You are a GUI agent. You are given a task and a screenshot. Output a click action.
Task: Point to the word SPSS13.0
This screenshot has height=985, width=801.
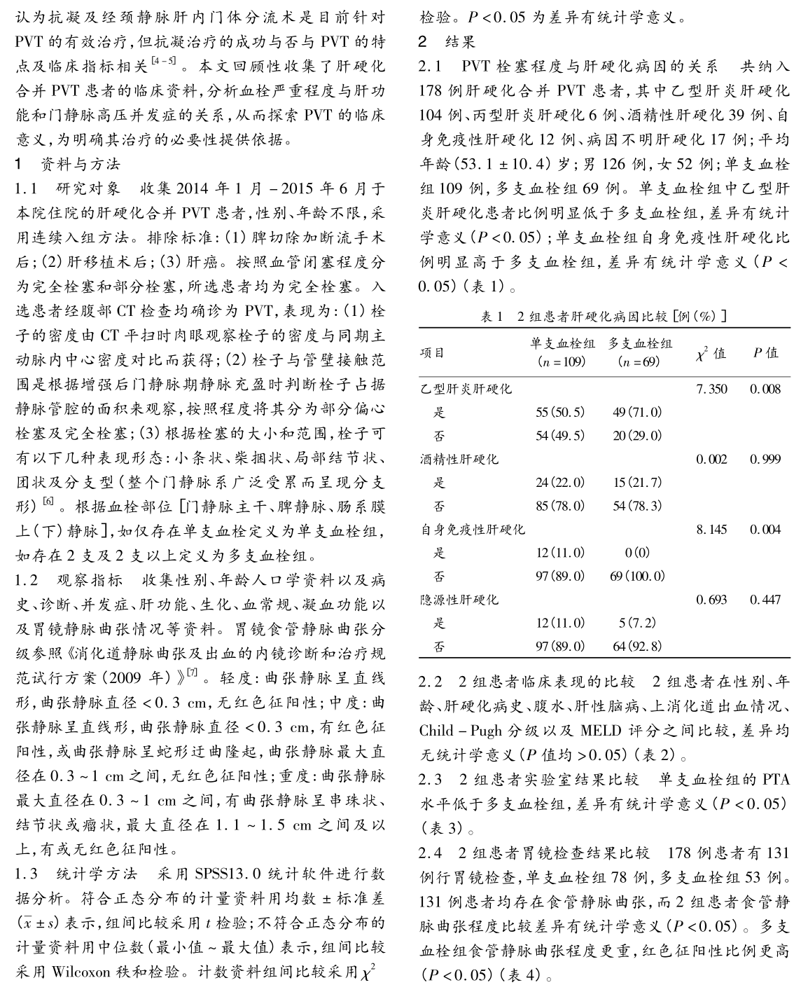pos(223,874)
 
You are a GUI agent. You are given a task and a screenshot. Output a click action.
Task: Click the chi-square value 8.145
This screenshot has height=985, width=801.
pos(711,530)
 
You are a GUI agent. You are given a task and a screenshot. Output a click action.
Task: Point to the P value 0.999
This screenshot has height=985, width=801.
pos(765,460)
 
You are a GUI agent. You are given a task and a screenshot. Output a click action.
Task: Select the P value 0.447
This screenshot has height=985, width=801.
pos(765,600)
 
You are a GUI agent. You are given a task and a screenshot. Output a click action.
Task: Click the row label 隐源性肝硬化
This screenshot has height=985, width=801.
pos(459,600)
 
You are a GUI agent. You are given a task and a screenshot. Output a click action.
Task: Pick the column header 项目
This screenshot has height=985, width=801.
pos(432,352)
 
